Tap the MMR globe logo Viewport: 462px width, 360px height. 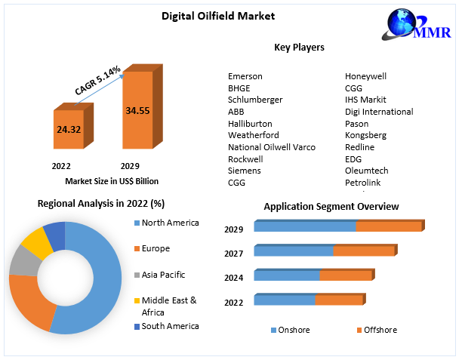point(413,32)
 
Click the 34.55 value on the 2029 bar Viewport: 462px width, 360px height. point(137,110)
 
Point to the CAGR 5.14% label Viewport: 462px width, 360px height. point(97,81)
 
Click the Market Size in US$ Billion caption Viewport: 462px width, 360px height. point(112,181)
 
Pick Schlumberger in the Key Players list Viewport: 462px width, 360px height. point(255,100)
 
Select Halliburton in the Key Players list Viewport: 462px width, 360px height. point(250,123)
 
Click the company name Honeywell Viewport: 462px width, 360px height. point(366,76)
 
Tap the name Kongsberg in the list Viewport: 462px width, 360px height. point(365,135)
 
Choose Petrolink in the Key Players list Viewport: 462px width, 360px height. point(363,182)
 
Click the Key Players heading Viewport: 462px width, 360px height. point(299,48)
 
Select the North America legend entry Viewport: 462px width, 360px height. point(170,223)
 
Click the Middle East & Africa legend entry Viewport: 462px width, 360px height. point(169,305)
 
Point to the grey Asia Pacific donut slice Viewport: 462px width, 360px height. point(22,261)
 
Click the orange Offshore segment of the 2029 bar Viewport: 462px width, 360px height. point(388,226)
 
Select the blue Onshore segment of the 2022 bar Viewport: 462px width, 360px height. point(284,300)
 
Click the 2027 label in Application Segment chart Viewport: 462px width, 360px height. point(233,254)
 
